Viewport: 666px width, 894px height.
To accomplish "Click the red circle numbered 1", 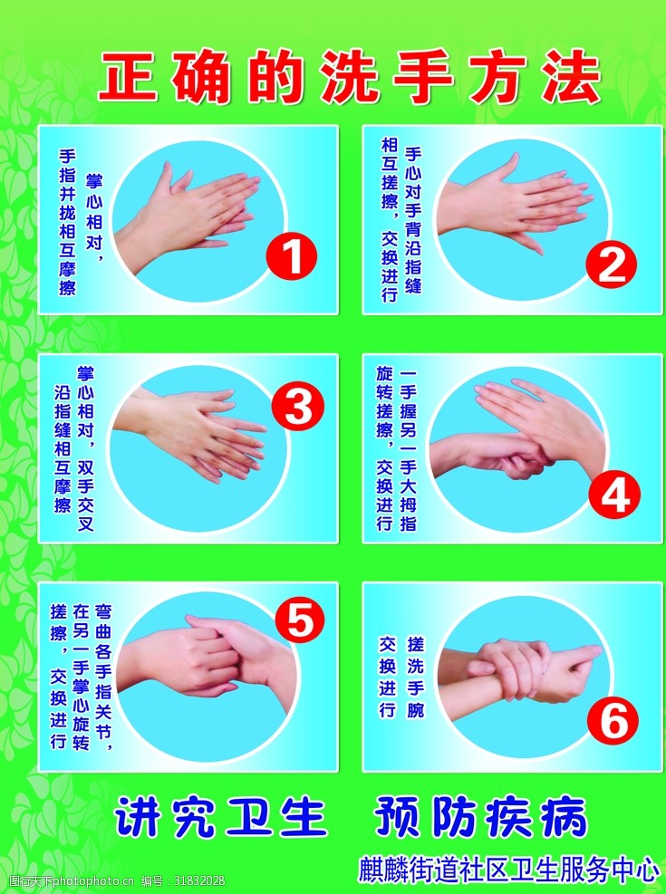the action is (292, 258).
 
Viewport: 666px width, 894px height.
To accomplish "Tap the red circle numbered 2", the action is (611, 264).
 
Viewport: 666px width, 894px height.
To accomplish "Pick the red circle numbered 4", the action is (614, 495).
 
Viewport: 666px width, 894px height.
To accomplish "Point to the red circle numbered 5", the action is (300, 620).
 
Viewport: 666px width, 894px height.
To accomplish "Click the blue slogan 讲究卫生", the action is (221, 817).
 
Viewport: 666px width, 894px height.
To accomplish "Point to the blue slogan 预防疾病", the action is (480, 817).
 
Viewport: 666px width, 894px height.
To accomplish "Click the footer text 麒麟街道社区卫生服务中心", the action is (508, 870).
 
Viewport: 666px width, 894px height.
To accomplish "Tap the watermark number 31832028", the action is (199, 881).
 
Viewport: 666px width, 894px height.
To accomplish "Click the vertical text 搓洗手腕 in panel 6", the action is (416, 677).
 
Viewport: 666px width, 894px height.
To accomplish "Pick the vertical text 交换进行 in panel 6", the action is (388, 677).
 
